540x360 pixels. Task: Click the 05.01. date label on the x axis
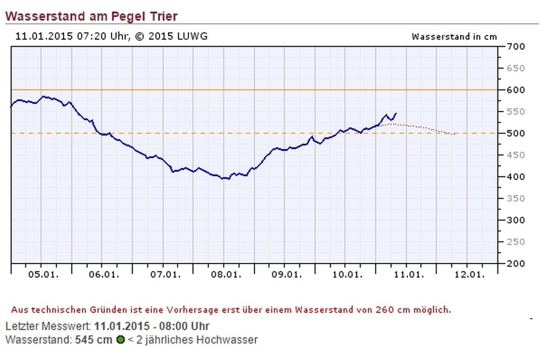click(41, 275)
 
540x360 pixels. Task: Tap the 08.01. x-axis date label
click(223, 275)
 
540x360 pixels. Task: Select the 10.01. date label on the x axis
click(345, 275)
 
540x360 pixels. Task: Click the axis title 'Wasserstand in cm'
click(454, 36)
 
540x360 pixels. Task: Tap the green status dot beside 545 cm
click(121, 340)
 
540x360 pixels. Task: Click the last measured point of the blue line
click(396, 113)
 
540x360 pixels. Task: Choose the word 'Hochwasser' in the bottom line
click(230, 340)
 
